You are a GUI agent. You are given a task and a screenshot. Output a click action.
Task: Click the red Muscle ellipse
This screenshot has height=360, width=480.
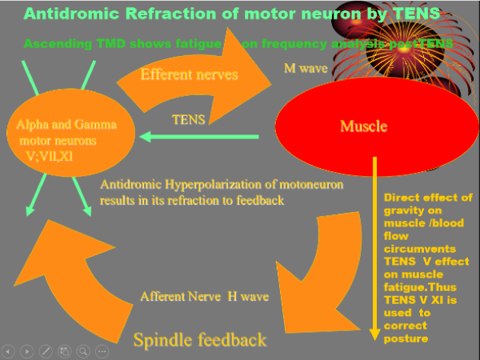tap(364, 126)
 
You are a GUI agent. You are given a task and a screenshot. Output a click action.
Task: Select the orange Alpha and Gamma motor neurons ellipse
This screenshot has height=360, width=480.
tap(68, 136)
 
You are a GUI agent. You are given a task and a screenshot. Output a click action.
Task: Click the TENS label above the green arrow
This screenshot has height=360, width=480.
tap(190, 119)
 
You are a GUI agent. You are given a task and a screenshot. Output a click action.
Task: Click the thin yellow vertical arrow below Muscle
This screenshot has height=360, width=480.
tap(374, 248)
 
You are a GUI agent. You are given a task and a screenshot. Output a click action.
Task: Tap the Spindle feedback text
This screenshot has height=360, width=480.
tap(200, 340)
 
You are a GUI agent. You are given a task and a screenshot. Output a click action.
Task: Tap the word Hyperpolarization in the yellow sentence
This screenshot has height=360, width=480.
tap(199, 185)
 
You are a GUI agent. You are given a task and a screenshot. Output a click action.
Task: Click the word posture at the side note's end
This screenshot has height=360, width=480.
tap(406, 338)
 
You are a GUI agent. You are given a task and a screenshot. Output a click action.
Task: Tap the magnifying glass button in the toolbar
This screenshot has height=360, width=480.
tap(83, 350)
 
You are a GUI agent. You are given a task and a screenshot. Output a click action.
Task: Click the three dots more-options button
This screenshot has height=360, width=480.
tap(102, 350)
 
